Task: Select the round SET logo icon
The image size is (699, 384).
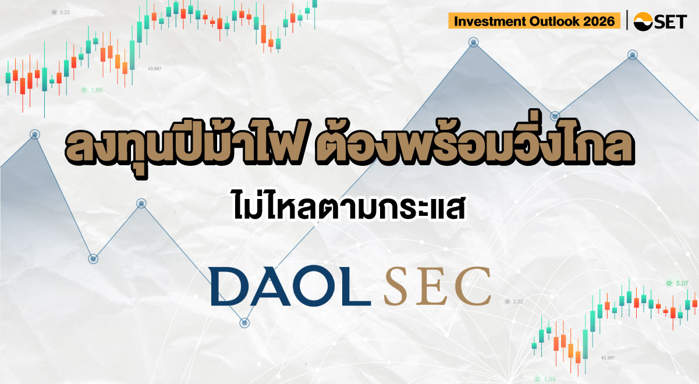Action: (643, 21)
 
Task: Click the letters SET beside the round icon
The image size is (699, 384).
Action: (670, 22)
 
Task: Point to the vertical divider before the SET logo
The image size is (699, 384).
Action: (627, 20)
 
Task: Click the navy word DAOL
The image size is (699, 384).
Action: (290, 286)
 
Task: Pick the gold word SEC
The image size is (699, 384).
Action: (438, 286)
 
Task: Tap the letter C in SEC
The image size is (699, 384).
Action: (473, 286)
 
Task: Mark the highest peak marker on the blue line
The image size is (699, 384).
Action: (474, 42)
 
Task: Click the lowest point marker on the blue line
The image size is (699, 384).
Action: (244, 322)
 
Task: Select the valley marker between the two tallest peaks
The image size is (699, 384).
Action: (555, 116)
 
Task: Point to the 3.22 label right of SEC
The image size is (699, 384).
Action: (514, 301)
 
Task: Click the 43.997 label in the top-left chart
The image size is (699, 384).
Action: (154, 69)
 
